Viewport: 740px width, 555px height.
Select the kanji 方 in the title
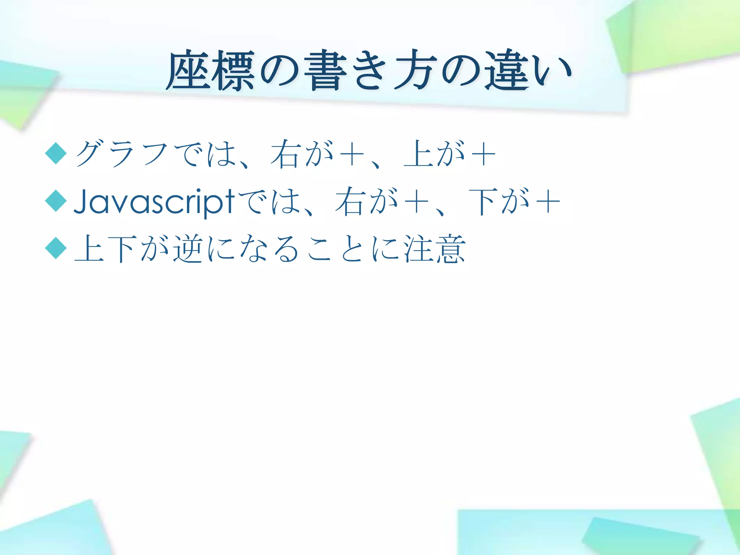(414, 70)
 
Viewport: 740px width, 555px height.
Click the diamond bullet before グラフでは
(56, 153)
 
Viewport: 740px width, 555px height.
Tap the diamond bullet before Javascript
(56, 201)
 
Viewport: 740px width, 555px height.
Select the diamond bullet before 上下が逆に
(56, 248)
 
